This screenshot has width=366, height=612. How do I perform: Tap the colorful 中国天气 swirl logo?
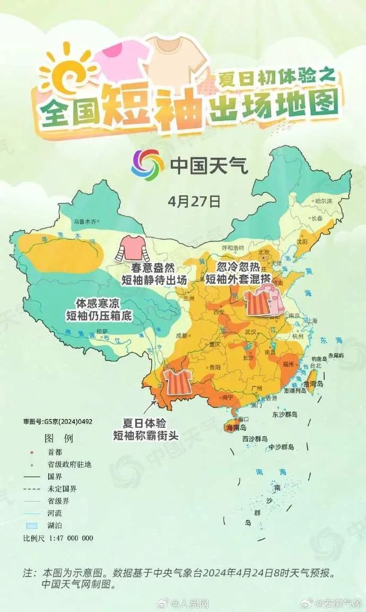(147, 165)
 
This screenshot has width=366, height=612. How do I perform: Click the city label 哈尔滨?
(323, 201)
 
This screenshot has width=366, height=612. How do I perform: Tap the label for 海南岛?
(236, 427)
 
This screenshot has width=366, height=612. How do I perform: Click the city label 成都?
(181, 335)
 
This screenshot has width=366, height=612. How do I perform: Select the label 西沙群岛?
(255, 439)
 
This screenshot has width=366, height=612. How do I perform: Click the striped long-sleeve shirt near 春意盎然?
(130, 248)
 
